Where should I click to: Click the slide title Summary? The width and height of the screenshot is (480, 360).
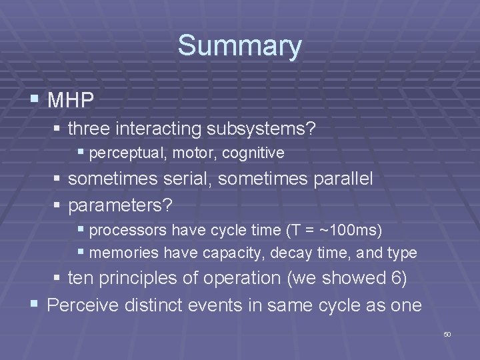[239, 46]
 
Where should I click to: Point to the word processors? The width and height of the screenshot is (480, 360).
[122, 231]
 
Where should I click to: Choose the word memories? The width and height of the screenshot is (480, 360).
[117, 253]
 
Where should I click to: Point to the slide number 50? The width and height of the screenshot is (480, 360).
[447, 333]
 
